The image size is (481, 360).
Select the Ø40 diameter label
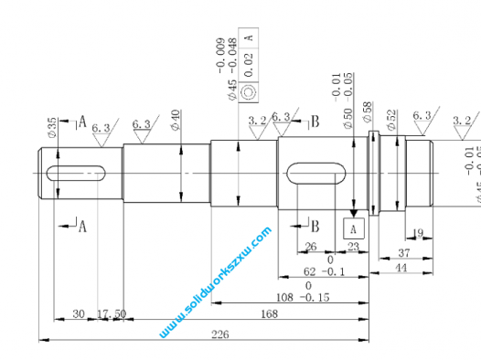[x=176, y=120]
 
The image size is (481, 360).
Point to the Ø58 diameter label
[x=368, y=113]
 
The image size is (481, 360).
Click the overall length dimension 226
[x=219, y=334]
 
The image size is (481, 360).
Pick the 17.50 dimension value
[x=112, y=314]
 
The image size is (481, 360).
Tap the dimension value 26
[x=310, y=247]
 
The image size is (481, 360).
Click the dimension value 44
[x=401, y=268]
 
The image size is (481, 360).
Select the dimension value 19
[x=418, y=234]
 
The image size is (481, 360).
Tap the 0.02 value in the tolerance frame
[x=251, y=64]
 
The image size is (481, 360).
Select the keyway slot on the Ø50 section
[x=316, y=173]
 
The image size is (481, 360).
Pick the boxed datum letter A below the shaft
[x=353, y=226]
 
